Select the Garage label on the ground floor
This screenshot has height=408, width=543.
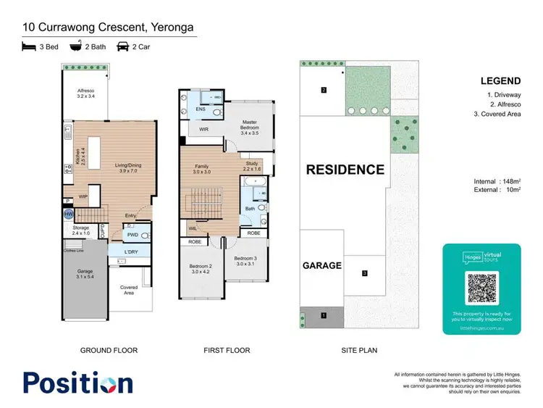(x=85, y=273)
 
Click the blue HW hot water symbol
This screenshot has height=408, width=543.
(x=69, y=215)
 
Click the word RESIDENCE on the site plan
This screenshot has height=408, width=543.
(x=345, y=170)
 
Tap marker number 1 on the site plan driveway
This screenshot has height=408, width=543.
(x=324, y=315)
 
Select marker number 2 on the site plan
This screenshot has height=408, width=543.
(x=324, y=90)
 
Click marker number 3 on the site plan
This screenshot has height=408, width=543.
(x=365, y=273)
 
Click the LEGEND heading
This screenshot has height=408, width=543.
(x=499, y=81)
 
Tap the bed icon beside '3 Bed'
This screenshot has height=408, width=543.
(x=28, y=46)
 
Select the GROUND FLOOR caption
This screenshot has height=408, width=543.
(x=109, y=350)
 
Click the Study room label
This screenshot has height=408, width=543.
(x=252, y=166)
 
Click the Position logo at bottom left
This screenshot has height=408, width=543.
(x=78, y=383)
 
